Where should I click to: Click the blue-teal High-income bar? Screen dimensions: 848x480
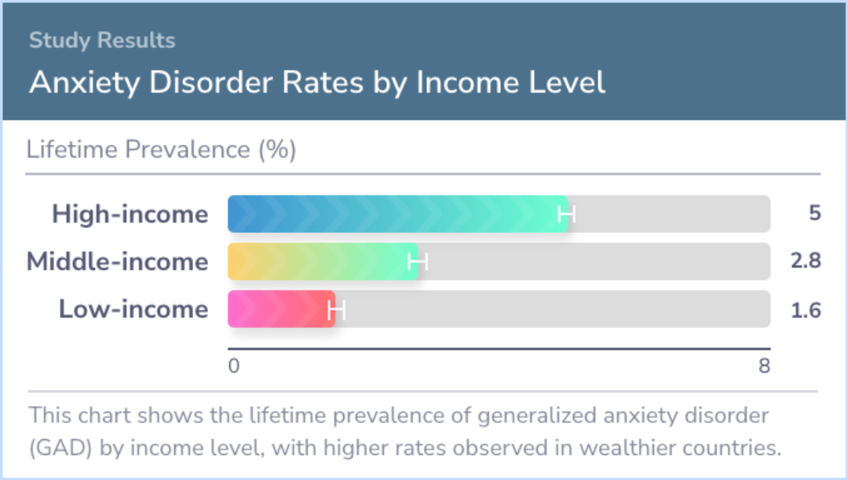397,214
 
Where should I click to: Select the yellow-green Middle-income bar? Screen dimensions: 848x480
323,261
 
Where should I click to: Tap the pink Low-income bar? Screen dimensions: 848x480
281,309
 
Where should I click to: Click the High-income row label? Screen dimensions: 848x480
130,214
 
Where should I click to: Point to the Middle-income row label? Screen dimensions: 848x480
117,261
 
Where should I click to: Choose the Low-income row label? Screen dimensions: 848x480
133,309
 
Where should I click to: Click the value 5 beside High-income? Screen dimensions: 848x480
814,213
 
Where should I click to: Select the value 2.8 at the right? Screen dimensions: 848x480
806,261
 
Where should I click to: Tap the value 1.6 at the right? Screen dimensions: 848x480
806,311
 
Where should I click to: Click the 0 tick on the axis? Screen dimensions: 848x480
234,366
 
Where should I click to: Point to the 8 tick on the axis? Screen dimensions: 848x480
764,366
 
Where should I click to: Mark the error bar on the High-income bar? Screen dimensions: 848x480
567,214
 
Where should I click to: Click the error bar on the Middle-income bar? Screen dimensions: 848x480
418,262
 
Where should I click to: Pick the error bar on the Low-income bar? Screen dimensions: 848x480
336,309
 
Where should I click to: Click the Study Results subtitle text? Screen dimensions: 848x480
102,41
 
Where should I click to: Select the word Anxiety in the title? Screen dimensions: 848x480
84,83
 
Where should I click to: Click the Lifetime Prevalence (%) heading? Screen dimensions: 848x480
161,150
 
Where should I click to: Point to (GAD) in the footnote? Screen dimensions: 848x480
60,448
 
